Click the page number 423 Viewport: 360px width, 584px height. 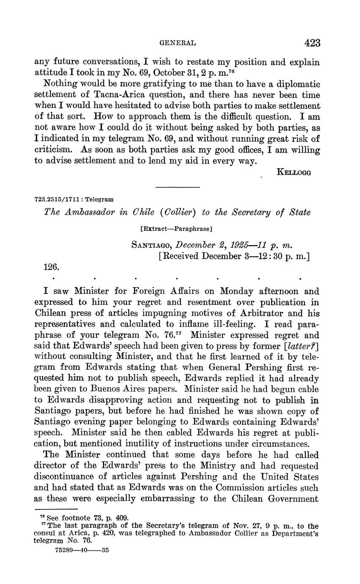[312, 43]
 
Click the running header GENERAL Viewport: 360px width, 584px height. [177, 43]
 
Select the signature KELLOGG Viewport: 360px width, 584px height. [294, 172]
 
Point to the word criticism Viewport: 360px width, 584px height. [54, 150]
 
